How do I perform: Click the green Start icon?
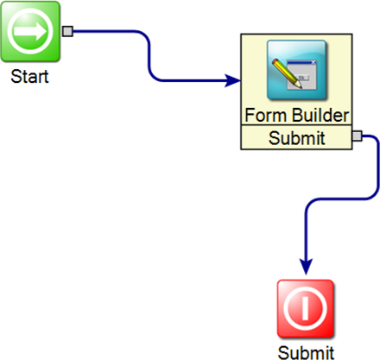(x=30, y=31)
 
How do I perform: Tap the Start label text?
(x=29, y=77)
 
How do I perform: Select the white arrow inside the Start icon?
(x=30, y=31)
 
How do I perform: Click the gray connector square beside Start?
(x=67, y=31)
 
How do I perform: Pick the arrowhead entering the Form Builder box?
(x=233, y=80)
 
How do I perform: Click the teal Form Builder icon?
(x=296, y=70)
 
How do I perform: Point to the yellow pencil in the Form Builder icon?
(x=287, y=73)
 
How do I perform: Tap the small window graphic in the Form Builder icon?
(x=301, y=75)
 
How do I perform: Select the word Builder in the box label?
(x=321, y=115)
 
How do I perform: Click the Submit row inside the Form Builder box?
(x=296, y=137)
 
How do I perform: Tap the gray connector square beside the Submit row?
(x=358, y=136)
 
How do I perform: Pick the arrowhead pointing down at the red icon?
(x=306, y=267)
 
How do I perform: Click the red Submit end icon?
(x=306, y=308)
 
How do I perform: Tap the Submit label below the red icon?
(x=306, y=352)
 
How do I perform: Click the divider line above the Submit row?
(x=296, y=125)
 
